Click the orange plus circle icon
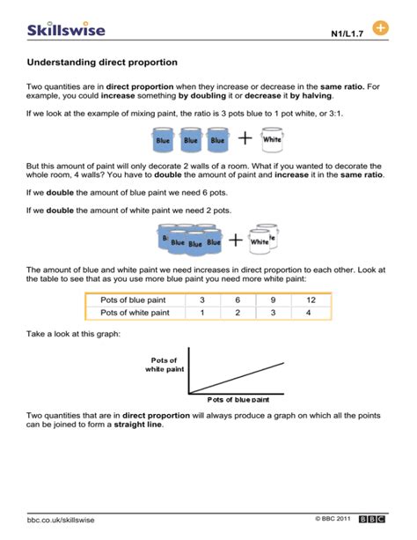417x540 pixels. point(381,29)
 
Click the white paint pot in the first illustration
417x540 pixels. point(272,138)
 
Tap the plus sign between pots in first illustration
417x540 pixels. point(244,139)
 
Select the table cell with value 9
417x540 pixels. point(273,300)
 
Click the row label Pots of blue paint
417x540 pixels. point(133,300)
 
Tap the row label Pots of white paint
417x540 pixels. point(135,312)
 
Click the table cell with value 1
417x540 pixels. point(202,312)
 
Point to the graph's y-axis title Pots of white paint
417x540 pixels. point(164,365)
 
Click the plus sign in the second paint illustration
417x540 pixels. point(236,239)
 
